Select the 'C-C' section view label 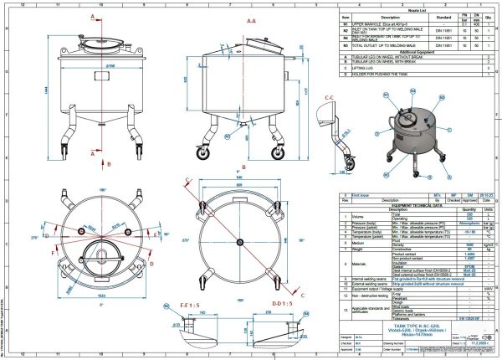pyautogui.click(x=329, y=99)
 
